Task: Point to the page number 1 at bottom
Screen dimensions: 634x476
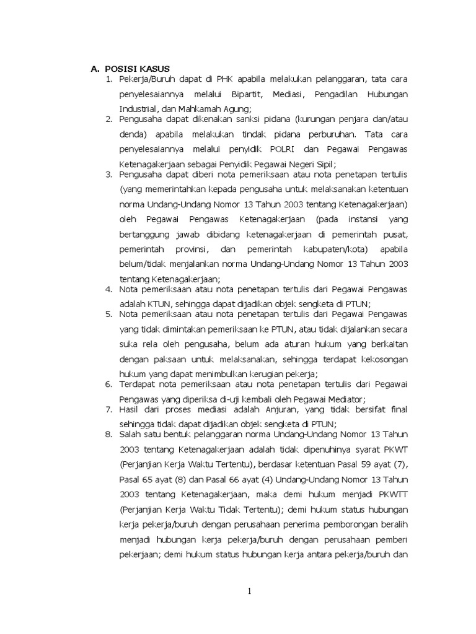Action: pos(249,591)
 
